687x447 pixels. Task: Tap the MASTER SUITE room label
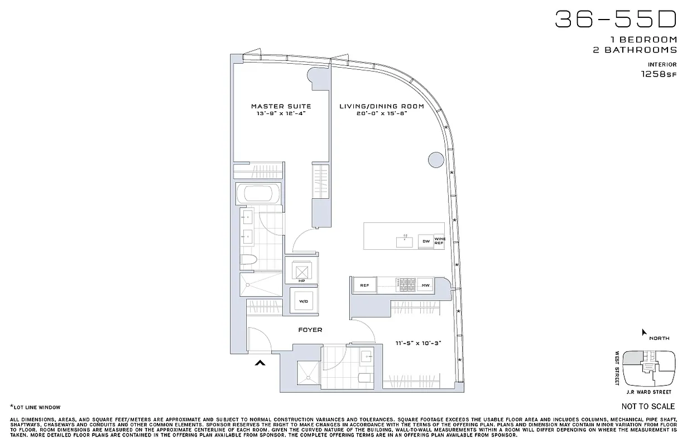click(281, 106)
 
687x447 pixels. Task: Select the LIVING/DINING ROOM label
click(382, 106)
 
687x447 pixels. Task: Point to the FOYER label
click(310, 330)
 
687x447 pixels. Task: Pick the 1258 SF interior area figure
click(659, 74)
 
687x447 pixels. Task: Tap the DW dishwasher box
click(426, 241)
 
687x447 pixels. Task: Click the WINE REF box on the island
click(439, 241)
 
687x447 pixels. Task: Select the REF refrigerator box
click(364, 286)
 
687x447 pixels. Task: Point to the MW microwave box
click(425, 286)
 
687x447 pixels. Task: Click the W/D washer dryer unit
click(303, 301)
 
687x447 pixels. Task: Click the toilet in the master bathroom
click(249, 260)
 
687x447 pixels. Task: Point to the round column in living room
click(436, 159)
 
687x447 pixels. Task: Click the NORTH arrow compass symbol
click(644, 332)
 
